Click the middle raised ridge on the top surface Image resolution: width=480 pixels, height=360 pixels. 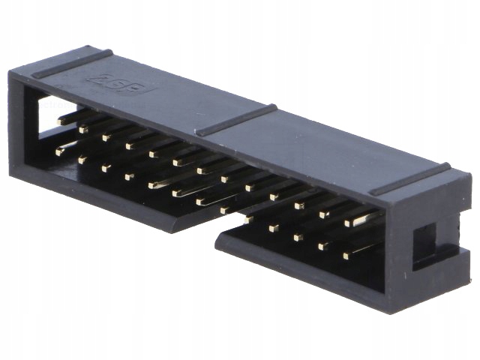click(236, 120)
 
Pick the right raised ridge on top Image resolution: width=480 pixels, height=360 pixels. click(409, 179)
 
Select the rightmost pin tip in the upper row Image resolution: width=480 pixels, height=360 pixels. click(351, 222)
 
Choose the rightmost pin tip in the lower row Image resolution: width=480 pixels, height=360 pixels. click(346, 256)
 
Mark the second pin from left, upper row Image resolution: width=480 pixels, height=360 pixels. click(84, 128)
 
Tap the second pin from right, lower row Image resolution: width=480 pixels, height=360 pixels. click(322, 245)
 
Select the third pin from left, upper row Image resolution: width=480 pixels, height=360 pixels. click(107, 136)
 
